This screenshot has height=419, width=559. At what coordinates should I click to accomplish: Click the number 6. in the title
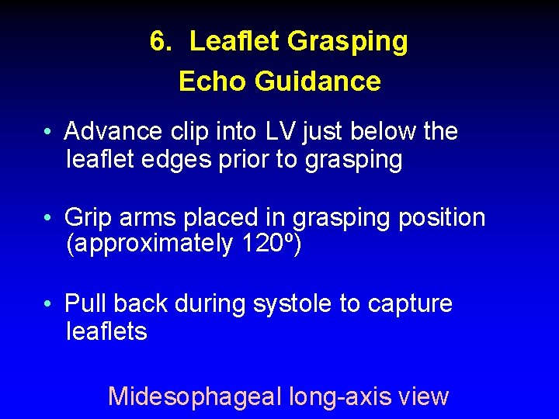[161, 42]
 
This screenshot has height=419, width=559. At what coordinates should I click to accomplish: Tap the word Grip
[89, 217]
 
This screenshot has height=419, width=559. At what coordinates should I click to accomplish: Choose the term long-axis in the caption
[341, 396]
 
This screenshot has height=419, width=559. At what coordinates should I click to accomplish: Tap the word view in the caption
[423, 396]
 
